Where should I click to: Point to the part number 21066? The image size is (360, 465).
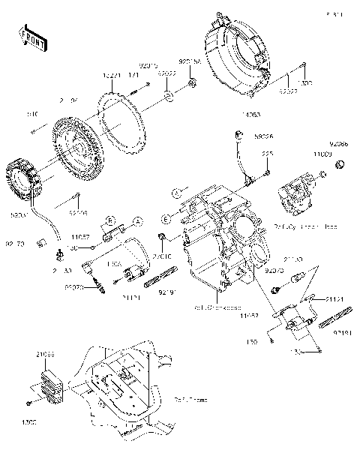pyautogui.click(x=43, y=352)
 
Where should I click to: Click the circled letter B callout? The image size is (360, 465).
pyautogui.click(x=109, y=221)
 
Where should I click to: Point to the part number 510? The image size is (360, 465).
pyautogui.click(x=32, y=115)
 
